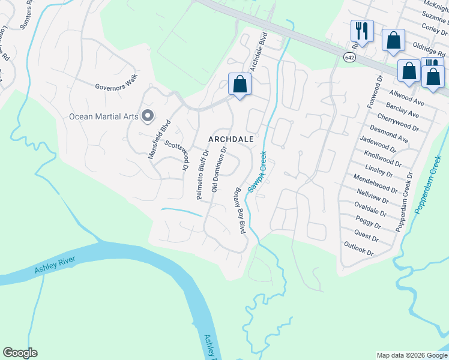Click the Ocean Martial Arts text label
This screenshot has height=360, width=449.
tap(104, 116)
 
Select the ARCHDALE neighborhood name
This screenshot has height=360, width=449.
tap(231, 139)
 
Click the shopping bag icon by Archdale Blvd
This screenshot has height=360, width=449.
tap(240, 85)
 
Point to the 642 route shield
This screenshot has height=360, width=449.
tap(349, 57)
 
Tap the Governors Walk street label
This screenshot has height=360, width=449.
tap(116, 82)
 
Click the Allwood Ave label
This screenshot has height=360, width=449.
tap(408, 99)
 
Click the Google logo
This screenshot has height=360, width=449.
tap(20, 353)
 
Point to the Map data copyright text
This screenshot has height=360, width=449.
tap(411, 355)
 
